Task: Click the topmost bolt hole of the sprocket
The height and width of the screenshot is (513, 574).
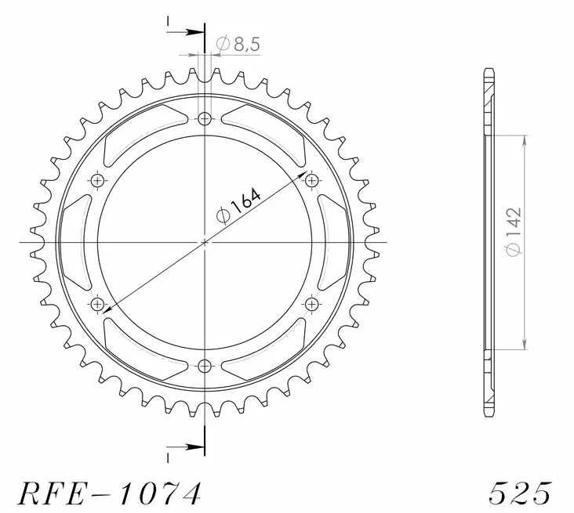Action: click(x=205, y=119)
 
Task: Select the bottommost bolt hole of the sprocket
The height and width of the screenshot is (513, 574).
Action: click(x=205, y=365)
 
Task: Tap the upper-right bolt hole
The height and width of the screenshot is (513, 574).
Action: click(x=312, y=181)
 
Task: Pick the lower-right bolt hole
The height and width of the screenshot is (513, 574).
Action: click(x=312, y=304)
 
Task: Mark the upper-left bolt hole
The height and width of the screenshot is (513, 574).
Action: click(x=98, y=181)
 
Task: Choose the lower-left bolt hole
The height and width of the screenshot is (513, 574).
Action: click(x=98, y=304)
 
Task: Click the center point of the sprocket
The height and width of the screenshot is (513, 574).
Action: click(x=205, y=242)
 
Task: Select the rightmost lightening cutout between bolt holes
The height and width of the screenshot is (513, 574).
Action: click(x=332, y=242)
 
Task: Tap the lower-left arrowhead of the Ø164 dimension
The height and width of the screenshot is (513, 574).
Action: click(x=107, y=310)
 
